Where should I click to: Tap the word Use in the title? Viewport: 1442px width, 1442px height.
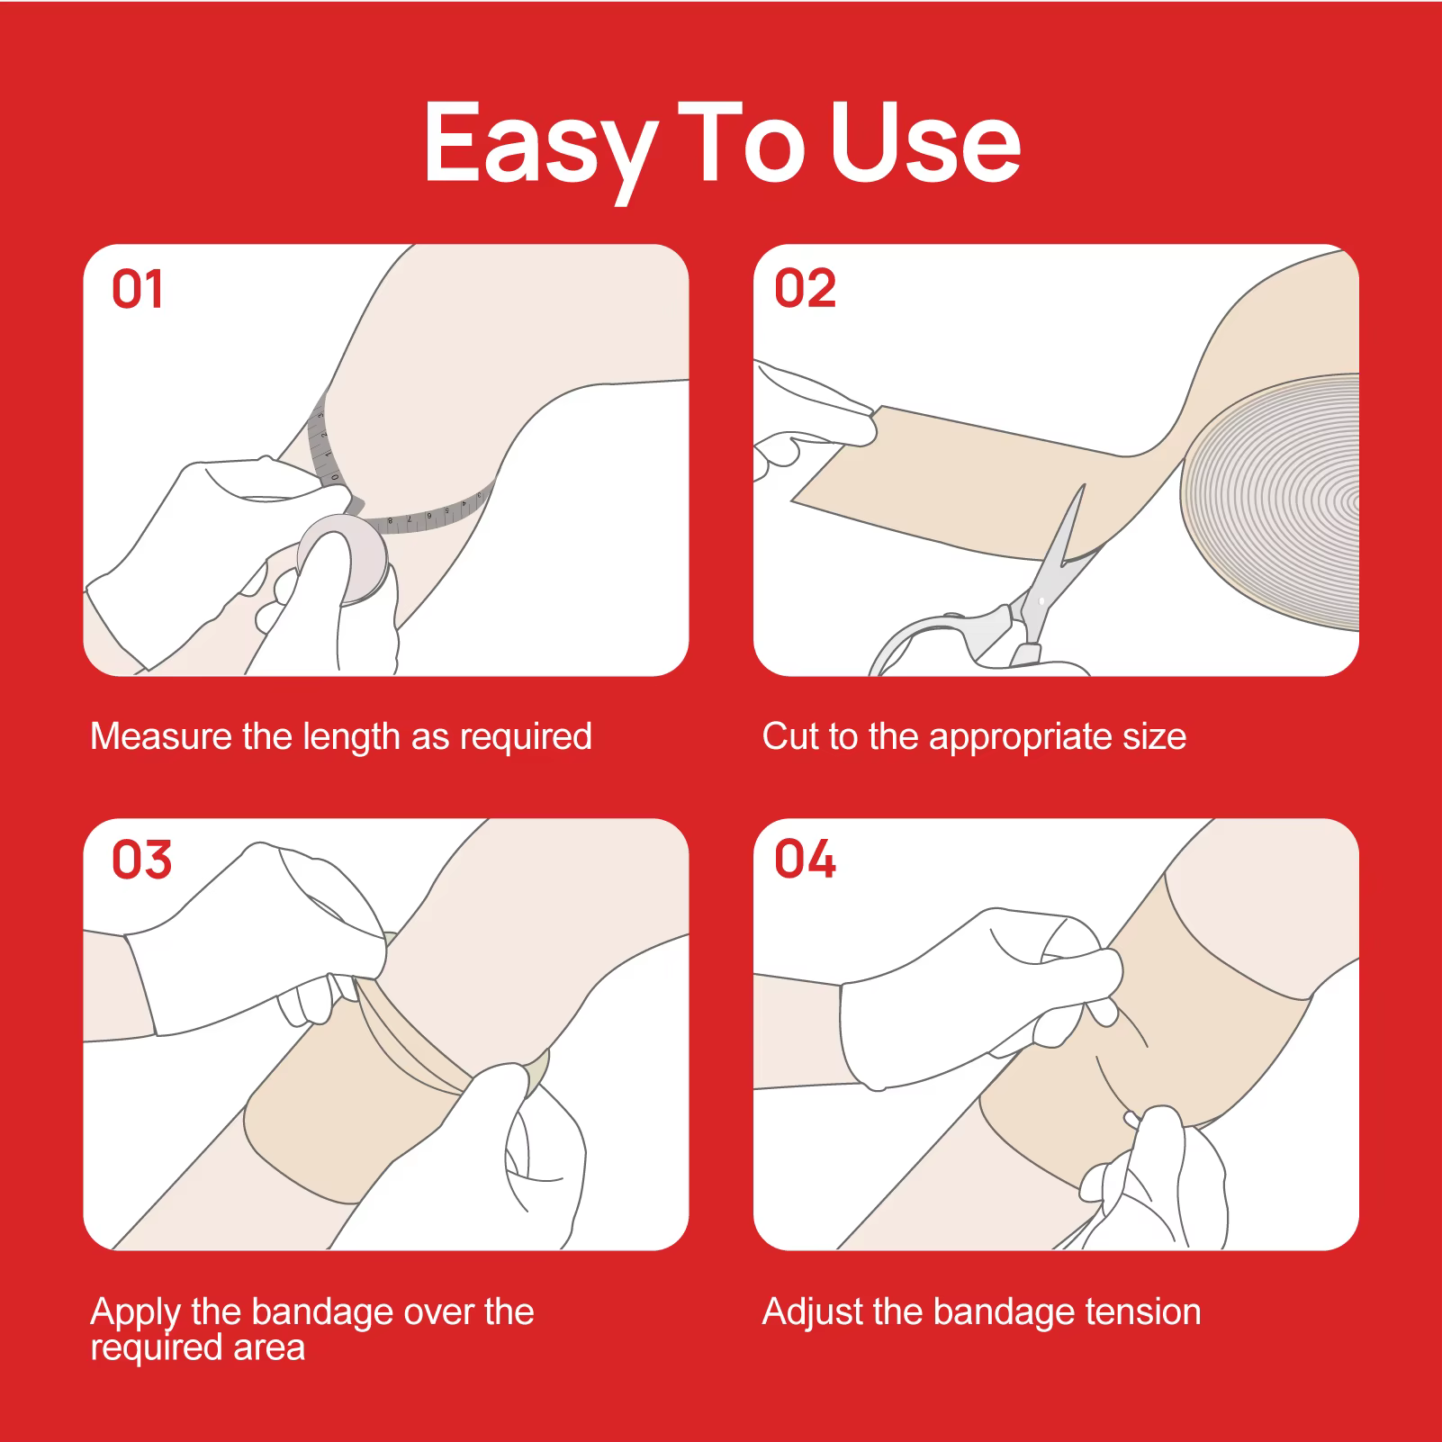point(925,141)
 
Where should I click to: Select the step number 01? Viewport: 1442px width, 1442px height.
point(137,290)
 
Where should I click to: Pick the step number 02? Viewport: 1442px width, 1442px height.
point(805,289)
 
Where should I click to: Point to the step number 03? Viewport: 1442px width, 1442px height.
point(141,860)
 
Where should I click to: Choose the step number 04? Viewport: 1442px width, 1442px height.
point(805,859)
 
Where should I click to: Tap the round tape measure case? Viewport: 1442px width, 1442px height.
point(343,559)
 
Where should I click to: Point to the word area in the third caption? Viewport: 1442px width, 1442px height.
point(269,1348)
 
